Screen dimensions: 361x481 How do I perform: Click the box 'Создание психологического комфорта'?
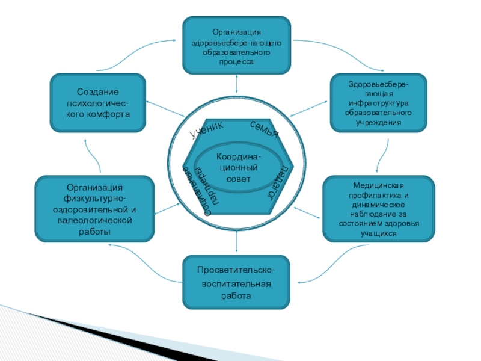click(97, 103)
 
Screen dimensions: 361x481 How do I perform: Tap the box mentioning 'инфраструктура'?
click(379, 103)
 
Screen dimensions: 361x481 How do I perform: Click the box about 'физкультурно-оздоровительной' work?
click(95, 208)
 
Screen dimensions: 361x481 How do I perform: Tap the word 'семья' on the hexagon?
click(265, 128)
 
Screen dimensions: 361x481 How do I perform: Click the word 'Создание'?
click(97, 92)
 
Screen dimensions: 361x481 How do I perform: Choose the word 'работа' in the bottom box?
click(236, 296)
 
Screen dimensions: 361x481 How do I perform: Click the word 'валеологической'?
click(95, 220)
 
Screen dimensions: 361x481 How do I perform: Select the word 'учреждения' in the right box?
click(379, 122)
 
